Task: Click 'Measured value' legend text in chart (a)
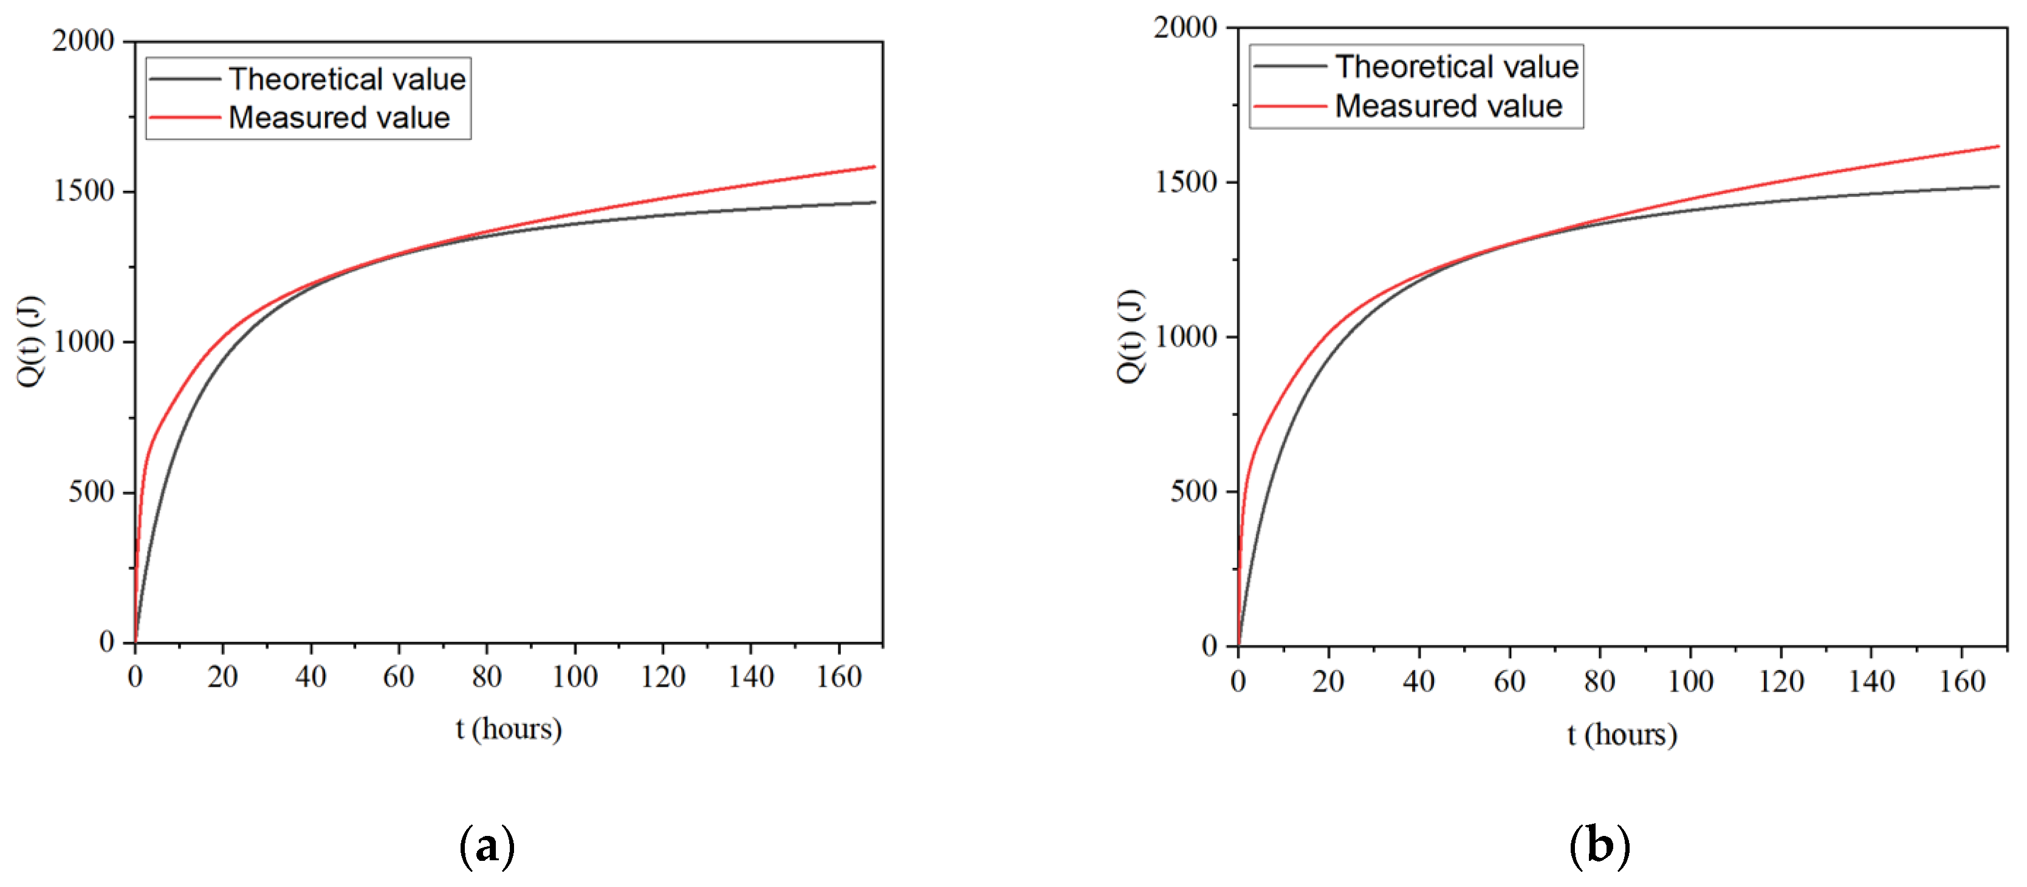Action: pyautogui.click(x=338, y=118)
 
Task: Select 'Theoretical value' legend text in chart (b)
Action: pyautogui.click(x=1456, y=67)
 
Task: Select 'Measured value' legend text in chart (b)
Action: pyautogui.click(x=1448, y=106)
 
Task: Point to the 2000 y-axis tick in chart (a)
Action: pyautogui.click(x=83, y=40)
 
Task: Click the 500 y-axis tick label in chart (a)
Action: pyautogui.click(x=91, y=492)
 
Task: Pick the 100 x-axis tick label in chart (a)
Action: pyautogui.click(x=574, y=677)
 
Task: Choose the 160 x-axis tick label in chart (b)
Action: pyautogui.click(x=1962, y=682)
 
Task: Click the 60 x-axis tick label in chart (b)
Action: pyautogui.click(x=1509, y=682)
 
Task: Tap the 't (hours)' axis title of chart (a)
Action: pyautogui.click(x=509, y=729)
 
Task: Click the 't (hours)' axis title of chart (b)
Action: pyautogui.click(x=1622, y=734)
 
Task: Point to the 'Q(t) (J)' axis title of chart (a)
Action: pyautogui.click(x=30, y=341)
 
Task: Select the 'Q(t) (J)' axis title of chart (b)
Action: pyautogui.click(x=1130, y=336)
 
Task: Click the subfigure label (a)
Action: pyautogui.click(x=487, y=847)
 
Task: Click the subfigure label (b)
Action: pyautogui.click(x=1599, y=847)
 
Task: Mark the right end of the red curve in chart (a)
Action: pyautogui.click(x=874, y=167)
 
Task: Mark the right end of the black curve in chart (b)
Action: pyautogui.click(x=1998, y=187)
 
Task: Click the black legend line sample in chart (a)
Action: pyautogui.click(x=185, y=78)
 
